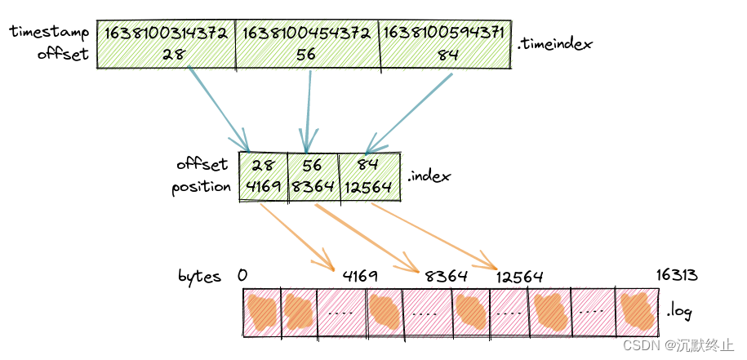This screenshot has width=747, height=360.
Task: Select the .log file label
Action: point(680,310)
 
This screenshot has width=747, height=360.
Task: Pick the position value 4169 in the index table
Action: point(262,187)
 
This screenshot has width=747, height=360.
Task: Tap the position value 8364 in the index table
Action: point(313,187)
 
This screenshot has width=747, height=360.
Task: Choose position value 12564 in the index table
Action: point(365,187)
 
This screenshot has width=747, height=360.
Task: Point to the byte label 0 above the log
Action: point(242,276)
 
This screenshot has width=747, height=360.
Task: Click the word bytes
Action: point(199,277)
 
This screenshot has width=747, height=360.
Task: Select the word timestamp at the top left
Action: point(49,33)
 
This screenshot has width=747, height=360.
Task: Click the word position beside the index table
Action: point(201,187)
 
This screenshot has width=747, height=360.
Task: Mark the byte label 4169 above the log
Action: point(360,276)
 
